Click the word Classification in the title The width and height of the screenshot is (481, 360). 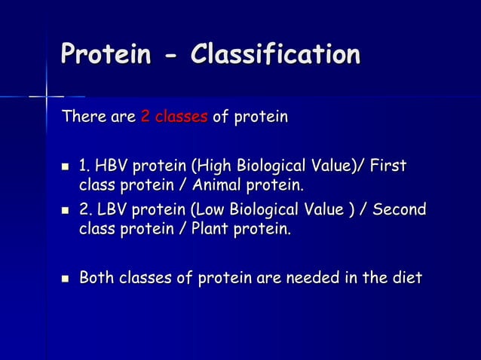[x=275, y=55]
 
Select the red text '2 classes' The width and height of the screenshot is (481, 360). [x=173, y=117]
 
